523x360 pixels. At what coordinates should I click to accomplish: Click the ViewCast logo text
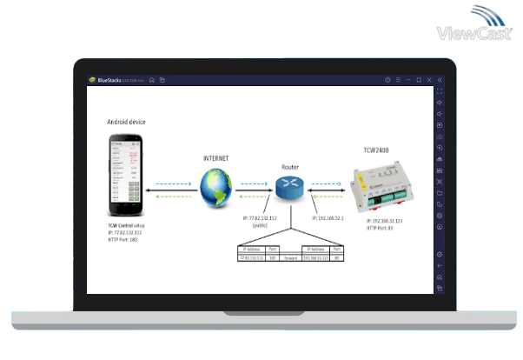473,34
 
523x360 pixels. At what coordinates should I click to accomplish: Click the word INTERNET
215,158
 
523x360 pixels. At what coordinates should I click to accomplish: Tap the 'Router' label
290,165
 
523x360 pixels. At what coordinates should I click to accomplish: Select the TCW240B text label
375,152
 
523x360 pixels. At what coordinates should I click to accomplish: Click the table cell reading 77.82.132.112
253,257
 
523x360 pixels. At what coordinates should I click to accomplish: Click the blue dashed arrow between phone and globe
171,183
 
